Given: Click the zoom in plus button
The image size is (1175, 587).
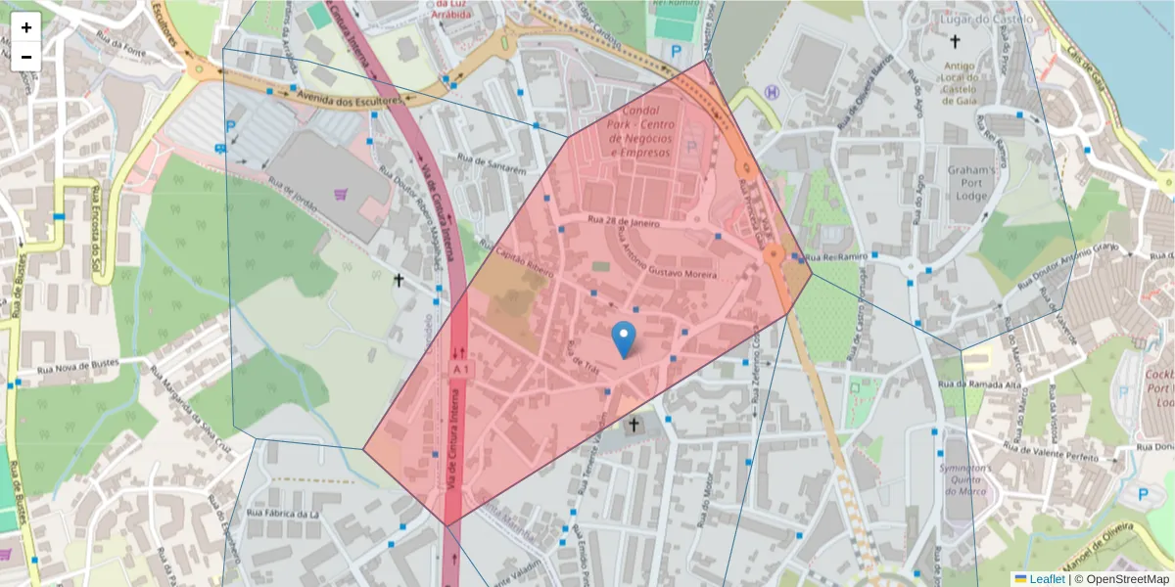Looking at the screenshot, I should click(26, 27).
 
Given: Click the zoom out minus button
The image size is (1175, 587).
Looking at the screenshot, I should click(26, 57).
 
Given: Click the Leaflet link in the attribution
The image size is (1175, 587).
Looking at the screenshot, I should click(1046, 579).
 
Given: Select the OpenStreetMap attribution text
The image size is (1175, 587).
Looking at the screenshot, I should click(1127, 579).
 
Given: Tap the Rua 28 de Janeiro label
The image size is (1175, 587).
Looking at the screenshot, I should click(624, 222).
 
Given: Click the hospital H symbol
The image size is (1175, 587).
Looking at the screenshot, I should click(773, 92).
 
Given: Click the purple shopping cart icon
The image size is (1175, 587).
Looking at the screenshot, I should click(340, 195).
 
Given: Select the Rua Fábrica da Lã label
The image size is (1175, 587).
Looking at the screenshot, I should click(284, 513).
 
